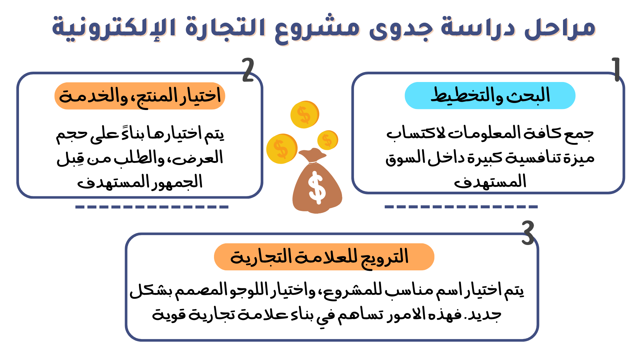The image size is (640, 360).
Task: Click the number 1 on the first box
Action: [616, 69]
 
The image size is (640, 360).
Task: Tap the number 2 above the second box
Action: [248, 70]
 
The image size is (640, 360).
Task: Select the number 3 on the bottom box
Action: [528, 233]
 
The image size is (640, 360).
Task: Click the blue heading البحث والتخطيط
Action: [490, 96]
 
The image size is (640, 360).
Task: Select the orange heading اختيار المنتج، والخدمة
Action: [140, 96]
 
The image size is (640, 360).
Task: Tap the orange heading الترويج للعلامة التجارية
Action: [324, 257]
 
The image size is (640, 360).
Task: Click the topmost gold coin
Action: [305, 115]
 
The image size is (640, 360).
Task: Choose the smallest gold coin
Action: [328, 140]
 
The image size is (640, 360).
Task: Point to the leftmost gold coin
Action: [282, 149]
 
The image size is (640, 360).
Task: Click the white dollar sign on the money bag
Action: [317, 188]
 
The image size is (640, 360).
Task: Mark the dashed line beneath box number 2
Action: [152, 207]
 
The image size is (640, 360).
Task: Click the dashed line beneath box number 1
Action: [461, 207]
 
